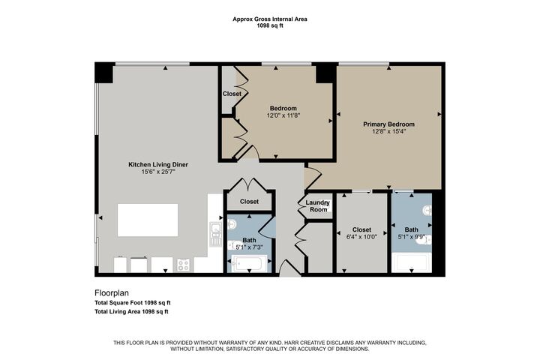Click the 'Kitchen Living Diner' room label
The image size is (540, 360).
tap(158, 164)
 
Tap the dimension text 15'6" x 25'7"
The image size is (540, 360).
tap(158, 172)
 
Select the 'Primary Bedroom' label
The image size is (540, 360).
tap(388, 124)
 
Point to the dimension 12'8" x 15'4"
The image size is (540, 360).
tap(388, 132)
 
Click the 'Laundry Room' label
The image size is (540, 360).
tap(319, 205)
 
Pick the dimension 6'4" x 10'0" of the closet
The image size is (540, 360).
tap(361, 237)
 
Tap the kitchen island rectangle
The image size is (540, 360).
tap(148, 220)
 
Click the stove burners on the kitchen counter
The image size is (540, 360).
tap(183, 264)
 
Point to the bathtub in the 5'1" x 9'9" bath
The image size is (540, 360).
tap(411, 263)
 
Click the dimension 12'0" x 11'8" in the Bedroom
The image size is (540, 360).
tap(284, 116)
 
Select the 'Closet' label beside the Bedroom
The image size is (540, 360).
tap(232, 94)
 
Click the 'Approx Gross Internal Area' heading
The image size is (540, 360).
tap(270, 19)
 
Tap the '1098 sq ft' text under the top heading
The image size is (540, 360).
tap(270, 26)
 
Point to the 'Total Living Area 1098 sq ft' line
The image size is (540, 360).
tap(131, 310)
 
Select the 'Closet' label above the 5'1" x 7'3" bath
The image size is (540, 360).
tap(249, 202)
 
